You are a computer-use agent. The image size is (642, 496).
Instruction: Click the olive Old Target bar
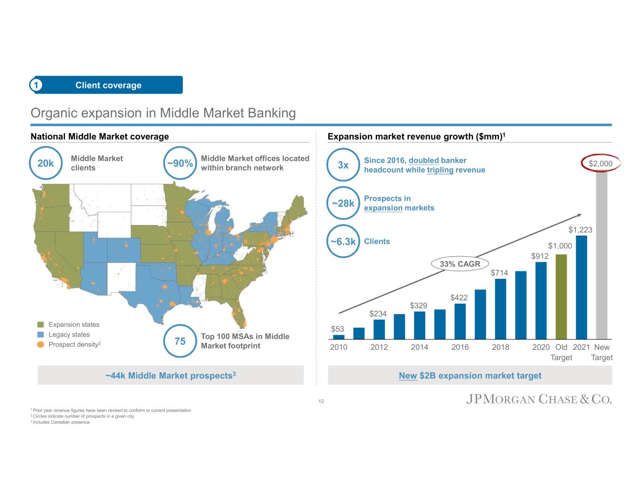coord(561,297)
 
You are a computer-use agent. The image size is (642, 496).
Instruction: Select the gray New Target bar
coord(602,254)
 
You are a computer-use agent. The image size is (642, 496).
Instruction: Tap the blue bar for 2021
coord(581,287)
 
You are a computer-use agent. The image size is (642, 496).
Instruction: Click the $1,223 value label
coord(580,230)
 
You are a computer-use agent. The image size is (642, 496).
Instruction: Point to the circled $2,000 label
coord(601,164)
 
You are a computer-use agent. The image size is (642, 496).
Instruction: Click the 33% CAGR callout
coord(460,264)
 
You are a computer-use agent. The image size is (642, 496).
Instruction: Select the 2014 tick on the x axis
coord(420,347)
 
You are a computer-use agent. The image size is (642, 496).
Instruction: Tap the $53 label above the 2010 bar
coord(337,329)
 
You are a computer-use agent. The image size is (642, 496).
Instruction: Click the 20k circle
coord(46,163)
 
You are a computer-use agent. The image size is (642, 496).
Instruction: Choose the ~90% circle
coord(179,163)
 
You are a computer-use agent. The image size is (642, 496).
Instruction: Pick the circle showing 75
coord(180,341)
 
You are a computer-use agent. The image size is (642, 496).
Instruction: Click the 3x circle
coord(343,165)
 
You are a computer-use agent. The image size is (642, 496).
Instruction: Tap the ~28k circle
coord(343,204)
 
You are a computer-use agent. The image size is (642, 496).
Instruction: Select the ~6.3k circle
coord(343,242)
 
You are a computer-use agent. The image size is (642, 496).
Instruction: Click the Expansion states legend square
coord(40,324)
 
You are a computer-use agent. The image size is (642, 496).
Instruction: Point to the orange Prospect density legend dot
coord(40,345)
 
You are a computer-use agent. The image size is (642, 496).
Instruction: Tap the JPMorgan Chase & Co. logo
coord(539,400)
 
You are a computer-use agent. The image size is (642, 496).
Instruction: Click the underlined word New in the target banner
coord(407,376)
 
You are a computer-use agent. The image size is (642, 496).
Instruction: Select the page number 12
coord(321,402)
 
